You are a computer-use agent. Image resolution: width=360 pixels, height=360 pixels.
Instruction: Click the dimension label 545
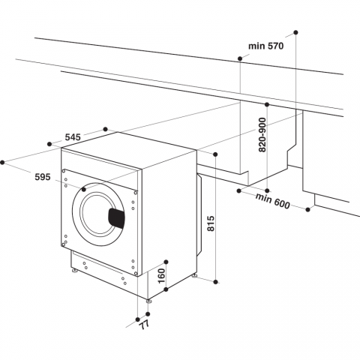[73, 137]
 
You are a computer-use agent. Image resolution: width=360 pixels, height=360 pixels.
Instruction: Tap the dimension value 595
[42, 177]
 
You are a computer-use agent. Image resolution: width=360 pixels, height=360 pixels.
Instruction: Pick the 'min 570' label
[265, 46]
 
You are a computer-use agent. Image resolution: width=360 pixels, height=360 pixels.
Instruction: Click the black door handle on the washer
[117, 217]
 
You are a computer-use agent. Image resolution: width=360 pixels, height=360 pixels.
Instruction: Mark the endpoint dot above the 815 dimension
[214, 154]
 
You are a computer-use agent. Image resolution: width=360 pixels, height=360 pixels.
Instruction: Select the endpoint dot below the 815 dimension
[214, 282]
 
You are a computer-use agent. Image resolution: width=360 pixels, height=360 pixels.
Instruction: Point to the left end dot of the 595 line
[4, 160]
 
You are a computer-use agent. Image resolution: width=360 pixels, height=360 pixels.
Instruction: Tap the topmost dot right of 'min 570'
[295, 33]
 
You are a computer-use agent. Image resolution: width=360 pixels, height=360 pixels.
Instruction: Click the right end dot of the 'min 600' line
[309, 211]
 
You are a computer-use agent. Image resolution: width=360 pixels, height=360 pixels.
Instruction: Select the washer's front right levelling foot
[148, 301]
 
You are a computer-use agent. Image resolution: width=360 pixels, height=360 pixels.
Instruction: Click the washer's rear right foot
[195, 275]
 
